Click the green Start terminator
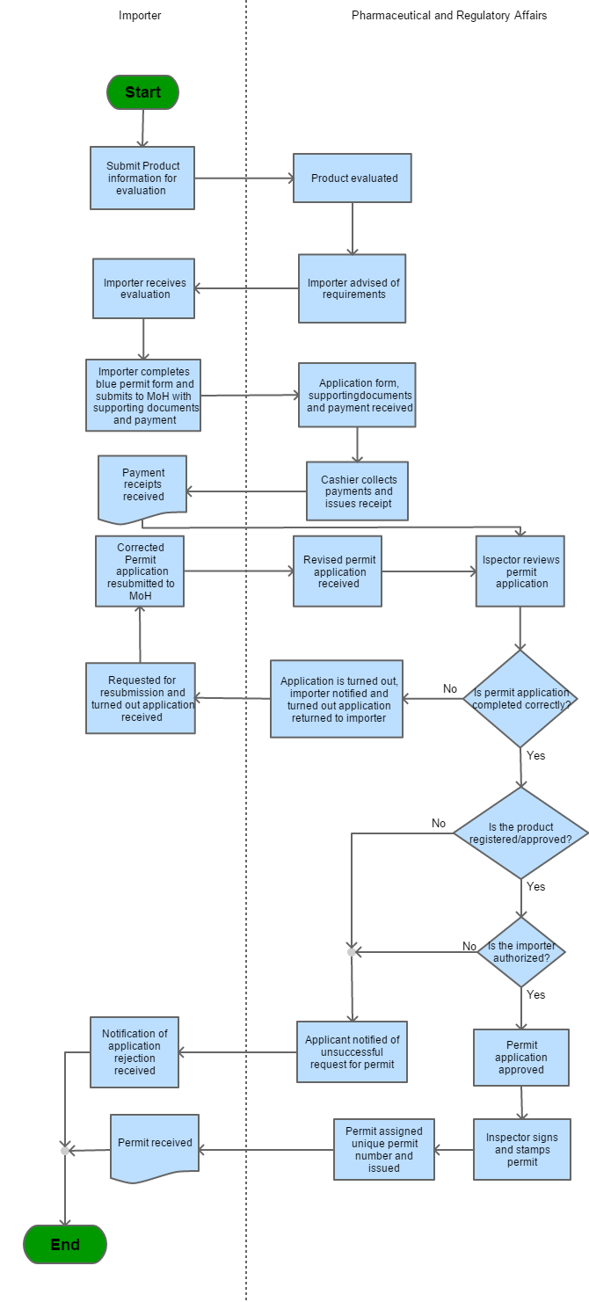[142, 92]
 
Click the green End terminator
[65, 1244]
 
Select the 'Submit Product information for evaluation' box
[142, 178]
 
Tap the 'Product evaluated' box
[353, 178]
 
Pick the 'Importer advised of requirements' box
[353, 288]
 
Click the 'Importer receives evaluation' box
[144, 288]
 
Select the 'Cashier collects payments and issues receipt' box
[358, 491]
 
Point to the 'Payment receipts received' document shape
[142, 484]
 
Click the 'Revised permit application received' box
[338, 571]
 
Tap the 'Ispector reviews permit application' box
[520, 571]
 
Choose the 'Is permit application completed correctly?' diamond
[520, 699]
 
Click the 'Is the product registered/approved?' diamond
[520, 833]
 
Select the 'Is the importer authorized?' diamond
[520, 951]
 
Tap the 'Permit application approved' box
[520, 1058]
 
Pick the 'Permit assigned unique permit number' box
[384, 1149]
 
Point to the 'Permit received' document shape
[155, 1145]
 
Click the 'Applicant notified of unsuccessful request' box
[352, 1051]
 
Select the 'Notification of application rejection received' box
[135, 1051]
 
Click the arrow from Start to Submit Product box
[142, 128]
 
